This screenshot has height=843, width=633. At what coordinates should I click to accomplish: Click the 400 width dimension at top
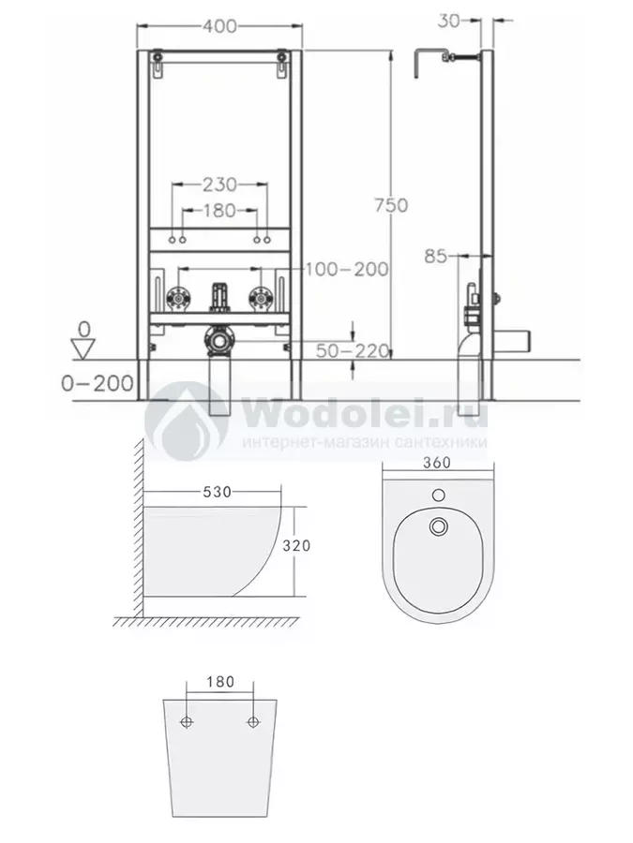pyautogui.click(x=220, y=26)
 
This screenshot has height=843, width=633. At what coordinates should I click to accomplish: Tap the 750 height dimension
pyautogui.click(x=391, y=205)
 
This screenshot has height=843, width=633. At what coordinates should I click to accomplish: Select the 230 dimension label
pyautogui.click(x=219, y=185)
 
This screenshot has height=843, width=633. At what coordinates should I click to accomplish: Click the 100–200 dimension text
pyautogui.click(x=347, y=269)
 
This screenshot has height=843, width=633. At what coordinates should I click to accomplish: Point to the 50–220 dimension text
pyautogui.click(x=353, y=351)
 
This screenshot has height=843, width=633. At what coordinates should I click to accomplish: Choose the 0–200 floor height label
pyautogui.click(x=98, y=383)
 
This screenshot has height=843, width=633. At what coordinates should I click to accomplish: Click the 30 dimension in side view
pyautogui.click(x=449, y=21)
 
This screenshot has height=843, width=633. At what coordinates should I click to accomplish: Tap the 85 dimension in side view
pyautogui.click(x=435, y=256)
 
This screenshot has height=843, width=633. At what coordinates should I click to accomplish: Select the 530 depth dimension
pyautogui.click(x=217, y=492)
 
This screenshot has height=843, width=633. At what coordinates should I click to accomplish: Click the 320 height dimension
pyautogui.click(x=296, y=546)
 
